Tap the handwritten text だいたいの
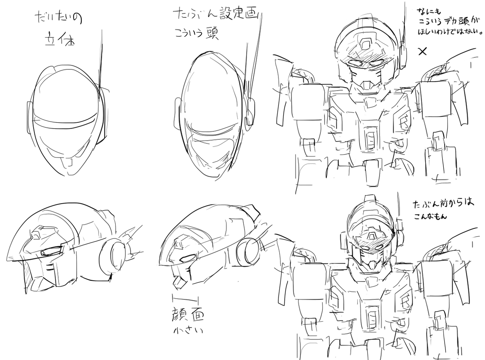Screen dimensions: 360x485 pos(59,19)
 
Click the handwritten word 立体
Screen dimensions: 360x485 pos(59,42)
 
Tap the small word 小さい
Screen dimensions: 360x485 pos(186,331)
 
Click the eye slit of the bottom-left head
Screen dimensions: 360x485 pos(51,253)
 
